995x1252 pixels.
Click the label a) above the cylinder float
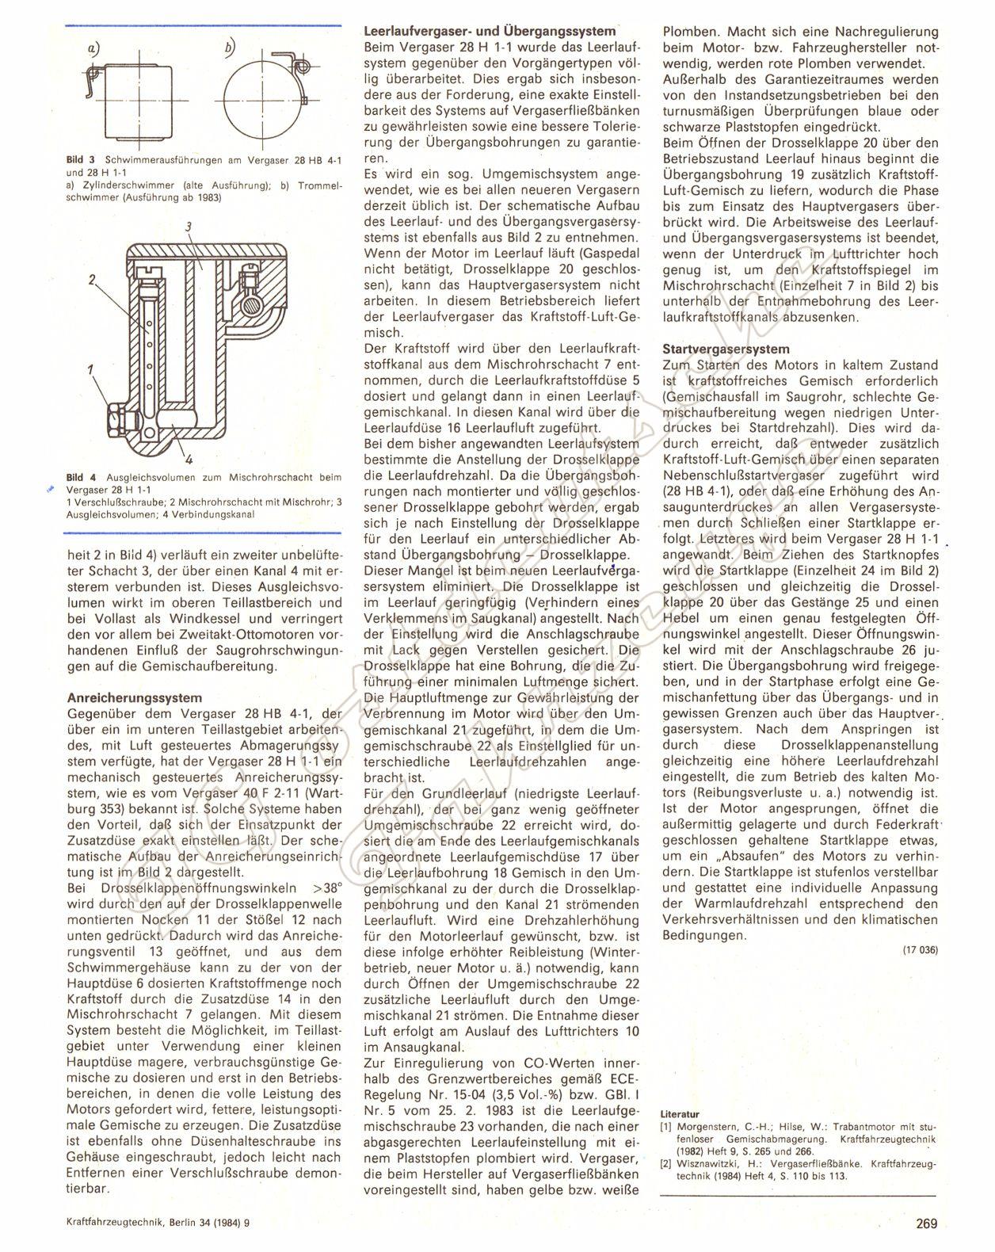click(93, 49)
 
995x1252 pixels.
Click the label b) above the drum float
click(229, 49)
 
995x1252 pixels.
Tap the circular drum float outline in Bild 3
click(255, 102)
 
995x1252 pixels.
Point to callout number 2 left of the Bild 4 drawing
click(92, 279)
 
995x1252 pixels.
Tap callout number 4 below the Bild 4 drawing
click(190, 458)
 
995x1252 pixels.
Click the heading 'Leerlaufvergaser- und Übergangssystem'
click(489, 32)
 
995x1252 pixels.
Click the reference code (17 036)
click(919, 950)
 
